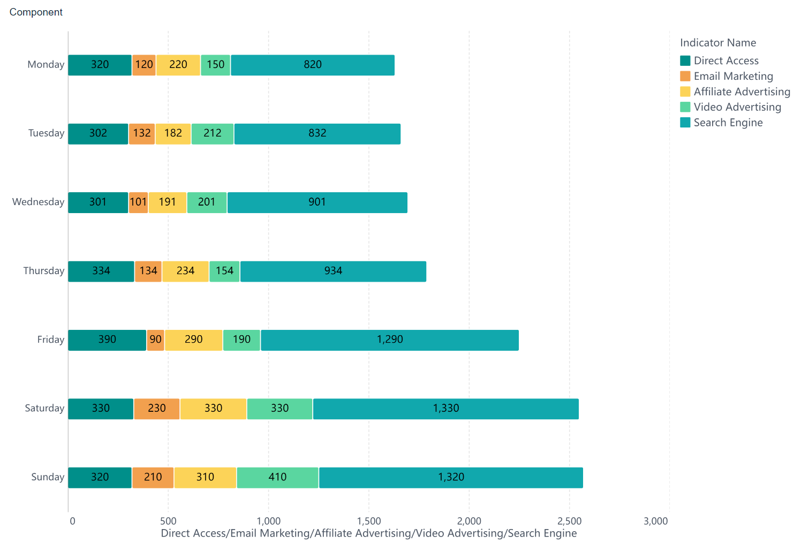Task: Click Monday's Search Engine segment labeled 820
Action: pyautogui.click(x=313, y=65)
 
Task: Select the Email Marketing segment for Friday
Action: pyautogui.click(x=155, y=340)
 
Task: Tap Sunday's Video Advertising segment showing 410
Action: pyautogui.click(x=277, y=478)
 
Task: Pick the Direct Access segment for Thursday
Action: pyautogui.click(x=101, y=271)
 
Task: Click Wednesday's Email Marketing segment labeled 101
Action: pyautogui.click(x=138, y=202)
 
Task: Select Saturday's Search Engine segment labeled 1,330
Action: pyautogui.click(x=445, y=409)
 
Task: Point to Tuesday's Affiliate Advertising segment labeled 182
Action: pyautogui.click(x=173, y=134)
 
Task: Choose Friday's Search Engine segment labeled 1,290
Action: pyautogui.click(x=389, y=340)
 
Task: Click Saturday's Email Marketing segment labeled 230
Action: pyautogui.click(x=157, y=409)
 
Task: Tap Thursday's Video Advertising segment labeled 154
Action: pyautogui.click(x=224, y=271)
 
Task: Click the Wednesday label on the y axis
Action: pyautogui.click(x=38, y=202)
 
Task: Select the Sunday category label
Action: pyautogui.click(x=47, y=477)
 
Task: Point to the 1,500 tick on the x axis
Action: pyautogui.click(x=368, y=521)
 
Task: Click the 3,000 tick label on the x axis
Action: pyautogui.click(x=655, y=521)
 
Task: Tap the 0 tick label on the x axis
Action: pyautogui.click(x=72, y=521)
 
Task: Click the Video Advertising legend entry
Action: pyautogui.click(x=737, y=107)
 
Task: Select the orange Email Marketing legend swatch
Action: pyautogui.click(x=685, y=76)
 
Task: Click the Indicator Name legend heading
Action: pyautogui.click(x=717, y=43)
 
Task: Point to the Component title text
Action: pyautogui.click(x=36, y=12)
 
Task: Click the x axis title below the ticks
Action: pyautogui.click(x=368, y=533)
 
